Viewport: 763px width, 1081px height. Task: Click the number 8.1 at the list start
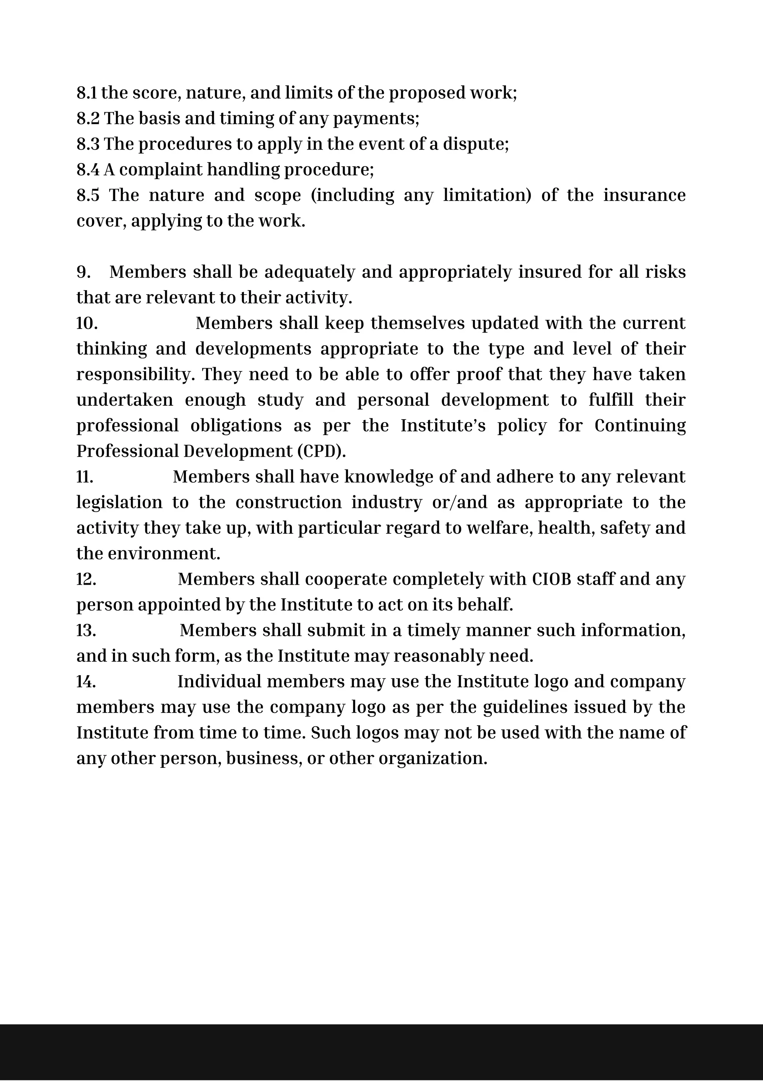coord(87,93)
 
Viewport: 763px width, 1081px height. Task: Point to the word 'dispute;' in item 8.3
coord(476,144)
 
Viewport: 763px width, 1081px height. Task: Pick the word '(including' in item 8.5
coord(352,195)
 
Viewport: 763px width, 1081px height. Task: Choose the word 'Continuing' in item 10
coord(640,425)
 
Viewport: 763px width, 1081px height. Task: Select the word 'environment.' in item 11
coord(164,554)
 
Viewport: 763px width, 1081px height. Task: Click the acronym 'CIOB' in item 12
coord(551,579)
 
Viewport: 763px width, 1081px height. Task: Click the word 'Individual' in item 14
coord(219,682)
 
